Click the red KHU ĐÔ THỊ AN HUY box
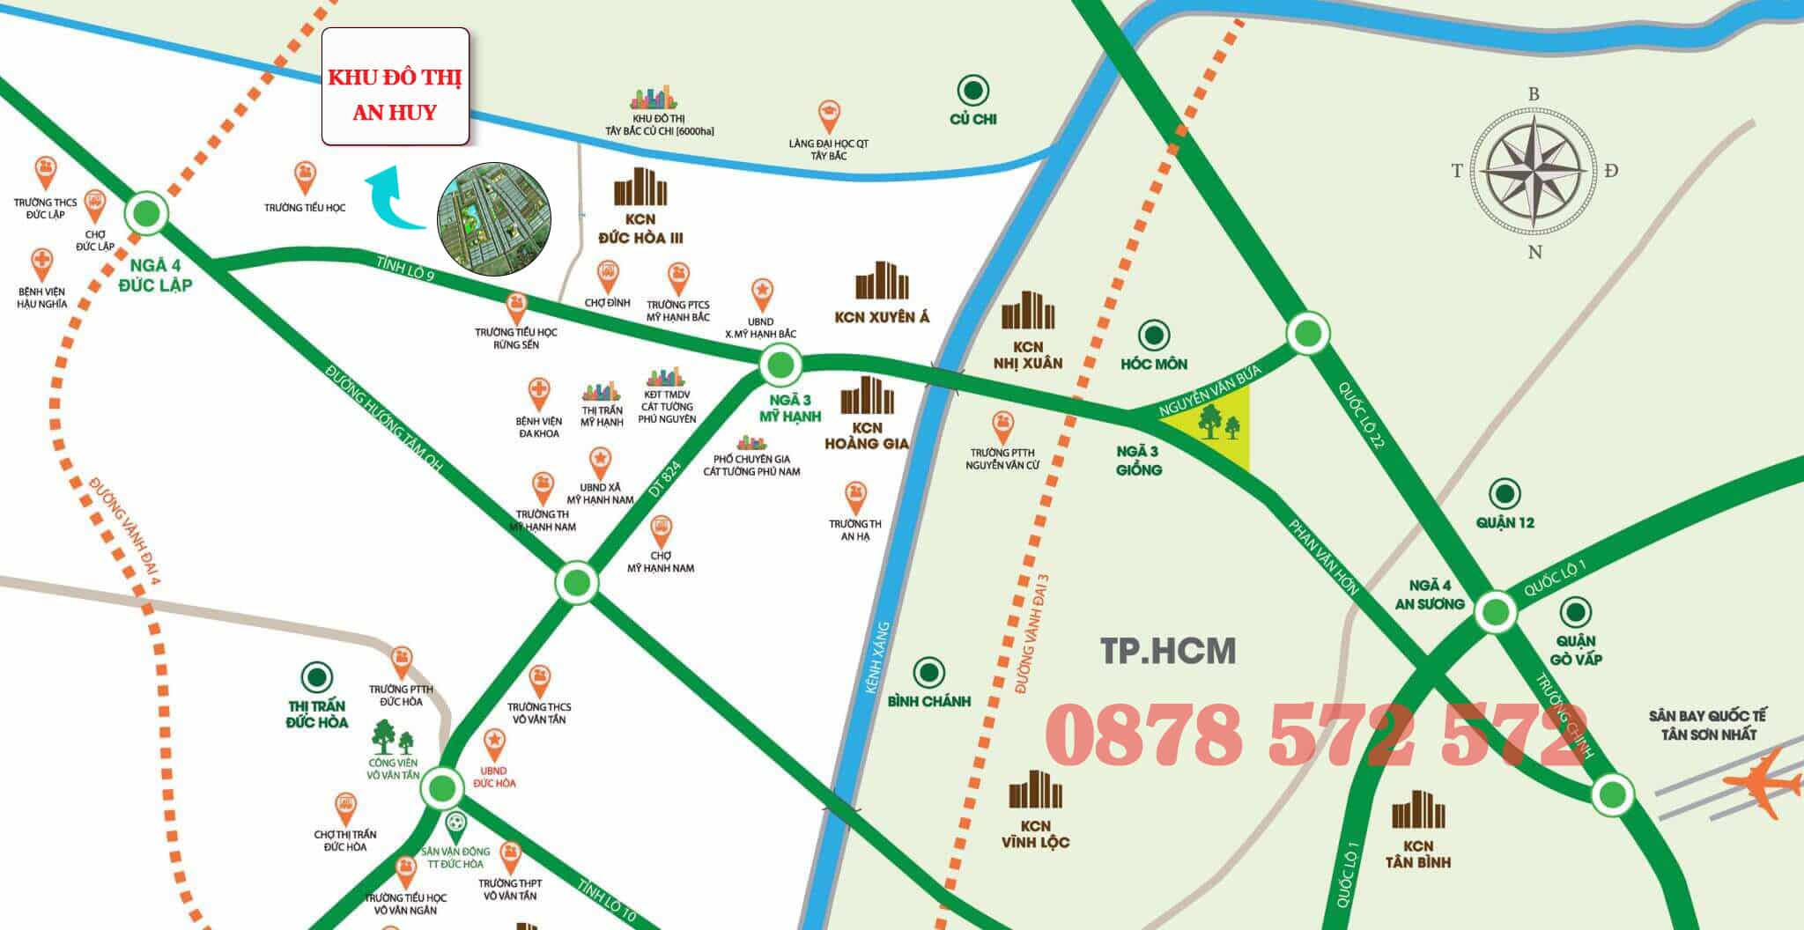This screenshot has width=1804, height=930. click(395, 86)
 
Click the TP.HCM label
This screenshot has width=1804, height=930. click(1168, 651)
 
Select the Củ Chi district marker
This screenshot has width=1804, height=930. click(972, 90)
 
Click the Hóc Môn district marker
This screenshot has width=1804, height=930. click(1154, 336)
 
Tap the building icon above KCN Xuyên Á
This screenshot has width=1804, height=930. click(882, 282)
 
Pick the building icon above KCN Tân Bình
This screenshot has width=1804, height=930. click(1418, 810)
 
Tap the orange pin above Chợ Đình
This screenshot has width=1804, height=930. click(607, 277)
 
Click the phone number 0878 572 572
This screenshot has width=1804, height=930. click(1317, 734)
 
